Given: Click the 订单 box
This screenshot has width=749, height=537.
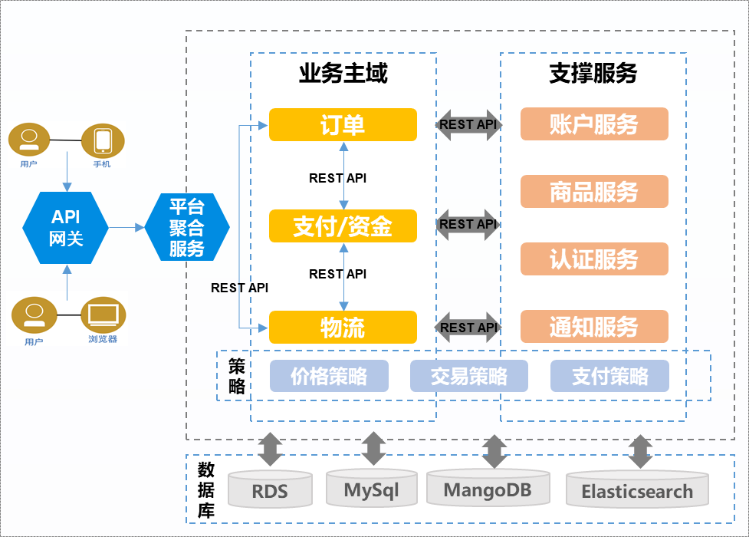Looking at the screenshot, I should (x=343, y=125).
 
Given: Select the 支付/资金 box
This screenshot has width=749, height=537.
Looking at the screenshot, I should (x=343, y=226).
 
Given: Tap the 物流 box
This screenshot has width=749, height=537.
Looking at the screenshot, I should (x=343, y=328).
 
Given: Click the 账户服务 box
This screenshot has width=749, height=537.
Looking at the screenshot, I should (x=594, y=124).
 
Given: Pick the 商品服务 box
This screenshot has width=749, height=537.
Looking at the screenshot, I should (x=594, y=192).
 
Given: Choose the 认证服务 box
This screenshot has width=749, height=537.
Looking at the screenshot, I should (x=594, y=259).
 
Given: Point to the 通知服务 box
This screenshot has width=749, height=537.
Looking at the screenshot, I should (x=594, y=327).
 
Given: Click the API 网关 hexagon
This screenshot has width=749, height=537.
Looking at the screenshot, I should (x=66, y=228).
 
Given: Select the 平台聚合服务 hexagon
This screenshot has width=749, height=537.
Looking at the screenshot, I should (x=187, y=227).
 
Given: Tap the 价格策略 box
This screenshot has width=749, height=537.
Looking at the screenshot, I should (x=329, y=376).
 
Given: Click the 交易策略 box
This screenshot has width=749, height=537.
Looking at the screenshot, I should (x=469, y=376).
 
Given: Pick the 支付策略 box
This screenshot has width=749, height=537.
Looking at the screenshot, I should (x=609, y=376).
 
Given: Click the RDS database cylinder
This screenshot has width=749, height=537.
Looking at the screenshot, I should (x=270, y=491).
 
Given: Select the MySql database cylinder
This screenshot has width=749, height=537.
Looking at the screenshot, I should (x=371, y=489).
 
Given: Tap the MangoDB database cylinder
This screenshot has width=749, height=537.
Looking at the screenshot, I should (x=487, y=489).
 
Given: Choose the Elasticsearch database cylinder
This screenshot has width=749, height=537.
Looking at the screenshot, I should (x=637, y=491).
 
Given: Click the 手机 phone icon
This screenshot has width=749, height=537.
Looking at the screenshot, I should (x=102, y=141).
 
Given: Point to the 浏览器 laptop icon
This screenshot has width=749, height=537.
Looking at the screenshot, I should (x=102, y=315).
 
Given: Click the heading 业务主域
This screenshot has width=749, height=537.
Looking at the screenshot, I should (x=343, y=74).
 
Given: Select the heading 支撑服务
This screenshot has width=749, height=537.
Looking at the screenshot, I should (x=593, y=74).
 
